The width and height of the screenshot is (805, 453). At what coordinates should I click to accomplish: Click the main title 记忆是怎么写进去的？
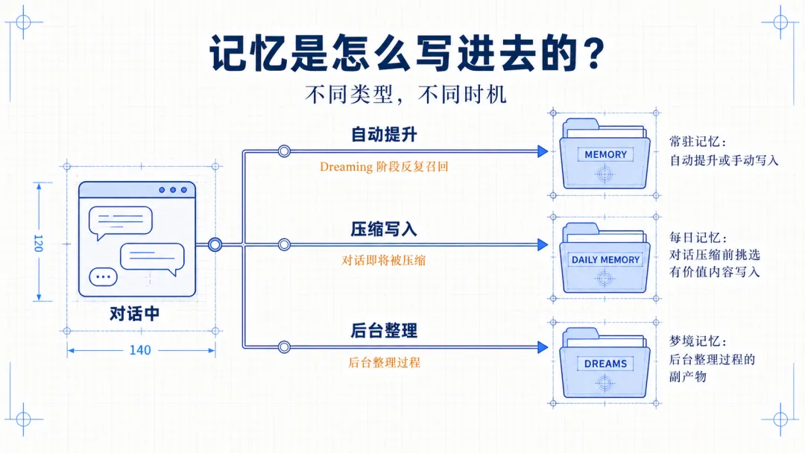(407, 53)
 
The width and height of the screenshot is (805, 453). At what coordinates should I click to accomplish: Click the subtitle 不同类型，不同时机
(405, 95)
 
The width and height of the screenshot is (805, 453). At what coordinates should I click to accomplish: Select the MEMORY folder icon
(604, 154)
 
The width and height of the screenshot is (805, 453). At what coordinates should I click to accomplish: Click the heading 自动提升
(384, 134)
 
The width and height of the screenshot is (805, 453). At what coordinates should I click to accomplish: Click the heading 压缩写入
(384, 229)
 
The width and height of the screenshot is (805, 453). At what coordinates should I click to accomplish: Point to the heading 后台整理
(384, 330)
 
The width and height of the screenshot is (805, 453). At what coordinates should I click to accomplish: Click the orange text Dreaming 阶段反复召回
(384, 167)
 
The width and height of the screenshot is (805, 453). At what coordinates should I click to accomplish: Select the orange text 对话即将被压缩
(384, 260)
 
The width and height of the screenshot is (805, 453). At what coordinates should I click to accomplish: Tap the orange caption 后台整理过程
(384, 362)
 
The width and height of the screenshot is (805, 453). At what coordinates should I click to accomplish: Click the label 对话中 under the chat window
(134, 314)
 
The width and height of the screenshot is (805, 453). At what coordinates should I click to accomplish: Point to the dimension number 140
(139, 350)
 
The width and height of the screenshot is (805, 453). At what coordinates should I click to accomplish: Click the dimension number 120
(38, 243)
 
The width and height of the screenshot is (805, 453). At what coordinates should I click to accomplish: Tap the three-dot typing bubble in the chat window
(103, 277)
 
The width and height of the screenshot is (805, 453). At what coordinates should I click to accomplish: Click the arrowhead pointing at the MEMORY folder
(543, 151)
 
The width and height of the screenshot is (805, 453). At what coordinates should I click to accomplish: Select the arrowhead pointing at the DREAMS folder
(543, 347)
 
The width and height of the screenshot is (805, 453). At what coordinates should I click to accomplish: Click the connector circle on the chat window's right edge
(215, 244)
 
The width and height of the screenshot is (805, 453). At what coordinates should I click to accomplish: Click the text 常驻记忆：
(698, 142)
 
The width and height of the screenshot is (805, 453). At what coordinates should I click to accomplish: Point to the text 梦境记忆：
(698, 341)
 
